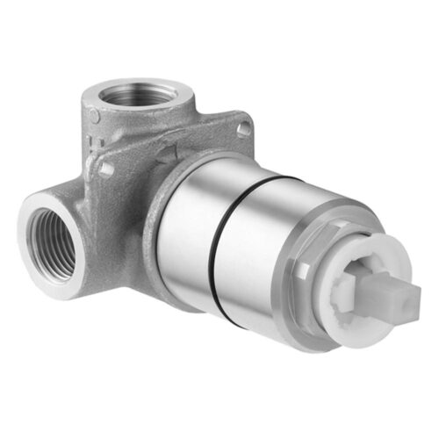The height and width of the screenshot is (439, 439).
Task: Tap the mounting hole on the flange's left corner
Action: pos(106,166)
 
